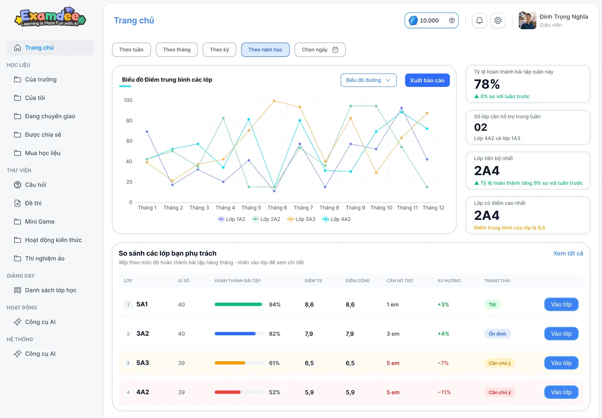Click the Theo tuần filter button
pyautogui.click(x=131, y=50)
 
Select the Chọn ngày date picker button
pyautogui.click(x=320, y=50)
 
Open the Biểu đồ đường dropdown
pyautogui.click(x=369, y=80)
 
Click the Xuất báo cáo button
pyautogui.click(x=427, y=80)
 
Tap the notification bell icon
pyautogui.click(x=479, y=20)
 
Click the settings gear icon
pyautogui.click(x=498, y=20)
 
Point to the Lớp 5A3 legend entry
pyautogui.click(x=301, y=219)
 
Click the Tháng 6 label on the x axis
pyautogui.click(x=277, y=208)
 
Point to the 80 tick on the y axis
pyautogui.click(x=129, y=120)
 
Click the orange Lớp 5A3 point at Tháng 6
pyautogui.click(x=274, y=101)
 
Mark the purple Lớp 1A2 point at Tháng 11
pyautogui.click(x=402, y=108)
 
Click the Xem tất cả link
pyautogui.click(x=568, y=253)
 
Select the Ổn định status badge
pyautogui.click(x=497, y=334)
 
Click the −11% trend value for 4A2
pyautogui.click(x=444, y=392)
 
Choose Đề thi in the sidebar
pyautogui.click(x=33, y=203)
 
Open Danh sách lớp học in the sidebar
pyautogui.click(x=51, y=290)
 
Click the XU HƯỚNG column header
pyautogui.click(x=449, y=281)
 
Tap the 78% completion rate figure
pyautogui.click(x=487, y=84)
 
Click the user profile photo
pyautogui.click(x=527, y=20)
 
